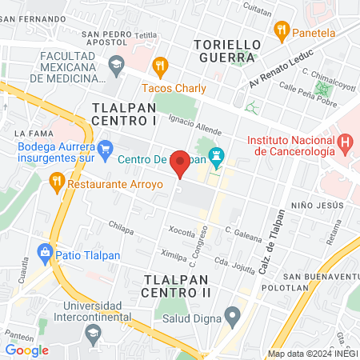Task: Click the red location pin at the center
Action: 181,163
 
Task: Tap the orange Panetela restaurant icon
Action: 281,31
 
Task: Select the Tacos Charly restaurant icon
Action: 160,66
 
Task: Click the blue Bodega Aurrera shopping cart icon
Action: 105,147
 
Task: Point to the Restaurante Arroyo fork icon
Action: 56,182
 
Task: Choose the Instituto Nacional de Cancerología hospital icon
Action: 345,144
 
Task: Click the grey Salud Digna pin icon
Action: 232,314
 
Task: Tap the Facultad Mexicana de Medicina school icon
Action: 117,62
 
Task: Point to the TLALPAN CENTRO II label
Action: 177,286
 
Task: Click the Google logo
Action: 26,350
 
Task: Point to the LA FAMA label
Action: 34,132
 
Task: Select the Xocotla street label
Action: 182,233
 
